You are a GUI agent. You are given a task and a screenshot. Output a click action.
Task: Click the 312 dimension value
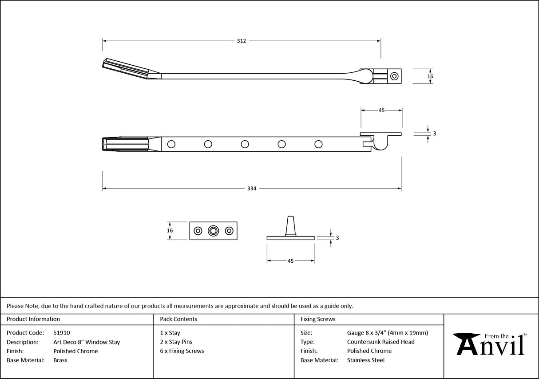pos(241,41)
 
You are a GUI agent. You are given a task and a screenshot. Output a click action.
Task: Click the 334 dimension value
pos(252,189)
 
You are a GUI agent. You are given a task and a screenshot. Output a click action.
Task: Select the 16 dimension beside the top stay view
pos(430,76)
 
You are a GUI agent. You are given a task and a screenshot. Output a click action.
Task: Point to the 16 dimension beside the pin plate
pos(170,231)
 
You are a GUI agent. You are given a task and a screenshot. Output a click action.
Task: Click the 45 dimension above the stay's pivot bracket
pos(381,111)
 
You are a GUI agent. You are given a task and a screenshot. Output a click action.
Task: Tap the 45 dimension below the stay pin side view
pos(290,261)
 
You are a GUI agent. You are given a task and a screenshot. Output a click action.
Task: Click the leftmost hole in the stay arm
pos(171,144)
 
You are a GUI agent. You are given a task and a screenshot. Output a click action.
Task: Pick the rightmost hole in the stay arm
pos(318,144)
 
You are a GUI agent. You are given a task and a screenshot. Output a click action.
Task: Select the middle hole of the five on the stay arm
pos(245,144)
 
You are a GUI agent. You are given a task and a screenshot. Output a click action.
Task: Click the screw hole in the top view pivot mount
pos(394,76)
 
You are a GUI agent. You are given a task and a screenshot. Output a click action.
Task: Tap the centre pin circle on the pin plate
pos(214,231)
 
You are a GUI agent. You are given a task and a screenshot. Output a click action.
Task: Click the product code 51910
pos(61,333)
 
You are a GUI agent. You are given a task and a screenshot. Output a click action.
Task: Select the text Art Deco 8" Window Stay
pos(87,342)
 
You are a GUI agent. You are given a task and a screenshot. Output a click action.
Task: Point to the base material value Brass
pos(60,360)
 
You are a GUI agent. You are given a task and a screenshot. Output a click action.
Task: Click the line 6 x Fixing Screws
pos(182,351)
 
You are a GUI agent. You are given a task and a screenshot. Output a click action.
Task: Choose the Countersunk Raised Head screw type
pos(380,342)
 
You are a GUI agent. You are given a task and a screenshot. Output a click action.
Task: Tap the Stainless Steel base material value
pos(365,360)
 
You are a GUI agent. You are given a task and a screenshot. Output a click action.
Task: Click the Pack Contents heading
pos(178,319)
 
